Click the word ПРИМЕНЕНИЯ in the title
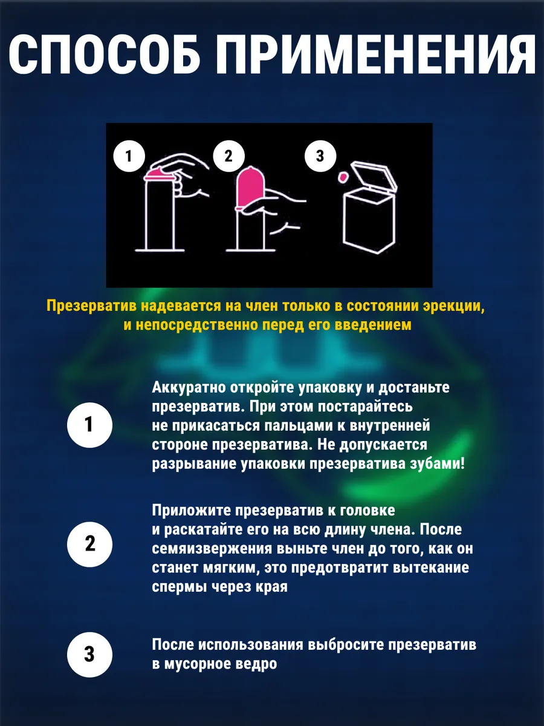tap(375, 55)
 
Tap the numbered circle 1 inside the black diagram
tap(129, 155)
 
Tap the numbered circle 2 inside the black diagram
tap(228, 155)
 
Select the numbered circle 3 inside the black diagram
tap(320, 155)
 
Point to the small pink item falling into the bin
tap(342, 177)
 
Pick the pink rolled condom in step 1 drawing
tap(159, 174)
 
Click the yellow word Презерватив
tap(91, 306)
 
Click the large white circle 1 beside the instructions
tap(89, 425)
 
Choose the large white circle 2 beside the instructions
tap(89, 544)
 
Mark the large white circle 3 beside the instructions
tap(89, 655)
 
